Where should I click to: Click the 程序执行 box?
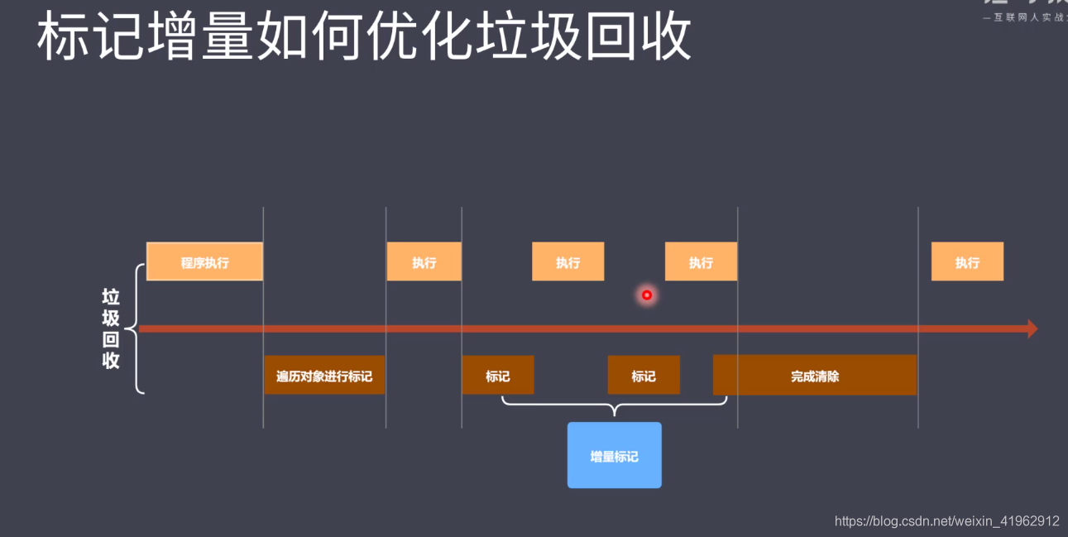pyautogui.click(x=204, y=262)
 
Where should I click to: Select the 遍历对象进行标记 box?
pyautogui.click(x=324, y=376)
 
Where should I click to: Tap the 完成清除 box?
pyautogui.click(x=815, y=376)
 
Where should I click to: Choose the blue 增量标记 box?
pyautogui.click(x=614, y=456)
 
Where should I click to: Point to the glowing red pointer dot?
pyautogui.click(x=647, y=295)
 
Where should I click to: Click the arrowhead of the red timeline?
pyautogui.click(x=1032, y=328)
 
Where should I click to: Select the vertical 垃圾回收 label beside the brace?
pyautogui.click(x=111, y=328)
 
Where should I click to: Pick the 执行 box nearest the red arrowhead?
pyautogui.click(x=967, y=262)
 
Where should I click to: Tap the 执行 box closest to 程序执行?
pyautogui.click(x=424, y=262)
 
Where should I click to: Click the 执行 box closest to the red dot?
pyautogui.click(x=701, y=262)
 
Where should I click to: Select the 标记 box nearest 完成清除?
pyautogui.click(x=644, y=376)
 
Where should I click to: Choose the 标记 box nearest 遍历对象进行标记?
pyautogui.click(x=497, y=376)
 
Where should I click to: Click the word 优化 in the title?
pyautogui.click(x=419, y=37)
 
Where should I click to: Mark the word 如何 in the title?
pyautogui.click(x=309, y=37)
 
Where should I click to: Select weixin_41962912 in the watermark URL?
pyautogui.click(x=1008, y=521)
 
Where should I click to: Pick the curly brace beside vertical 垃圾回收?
pyautogui.click(x=136, y=328)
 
